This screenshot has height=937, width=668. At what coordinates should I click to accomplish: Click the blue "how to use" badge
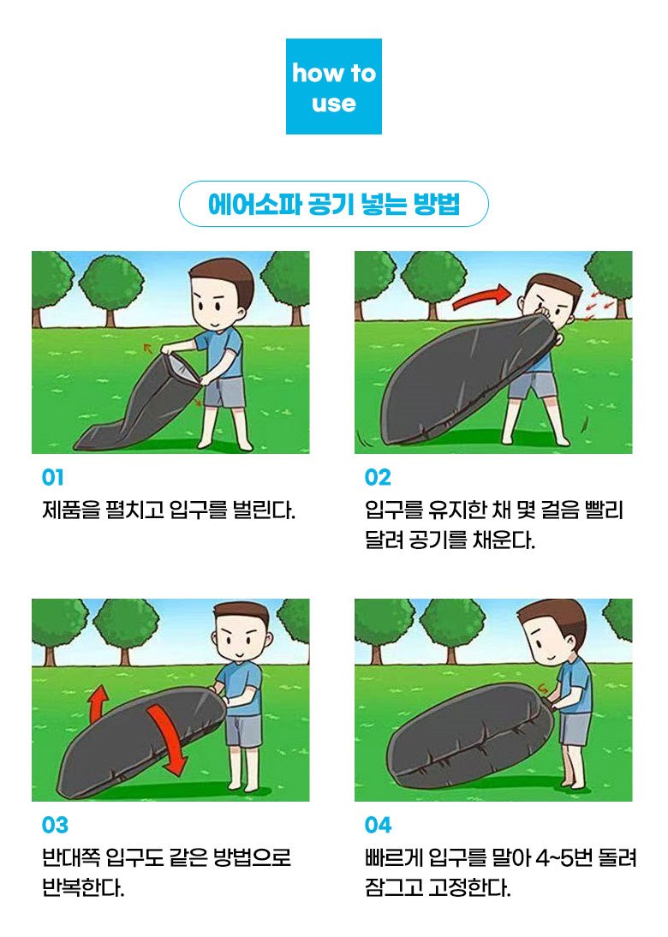(x=333, y=87)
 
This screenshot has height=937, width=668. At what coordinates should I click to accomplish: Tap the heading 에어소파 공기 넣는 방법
(x=333, y=204)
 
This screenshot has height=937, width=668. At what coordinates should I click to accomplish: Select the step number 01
(x=52, y=477)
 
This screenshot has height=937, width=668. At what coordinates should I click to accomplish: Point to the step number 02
(x=378, y=477)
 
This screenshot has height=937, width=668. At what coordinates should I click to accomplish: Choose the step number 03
(x=55, y=826)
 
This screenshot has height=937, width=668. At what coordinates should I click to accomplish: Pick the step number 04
(x=379, y=826)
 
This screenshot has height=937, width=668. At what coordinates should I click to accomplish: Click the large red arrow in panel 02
(x=481, y=297)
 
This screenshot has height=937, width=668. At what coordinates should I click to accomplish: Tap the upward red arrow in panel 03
(x=98, y=703)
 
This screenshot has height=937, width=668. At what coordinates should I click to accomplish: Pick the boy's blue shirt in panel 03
(x=241, y=688)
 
